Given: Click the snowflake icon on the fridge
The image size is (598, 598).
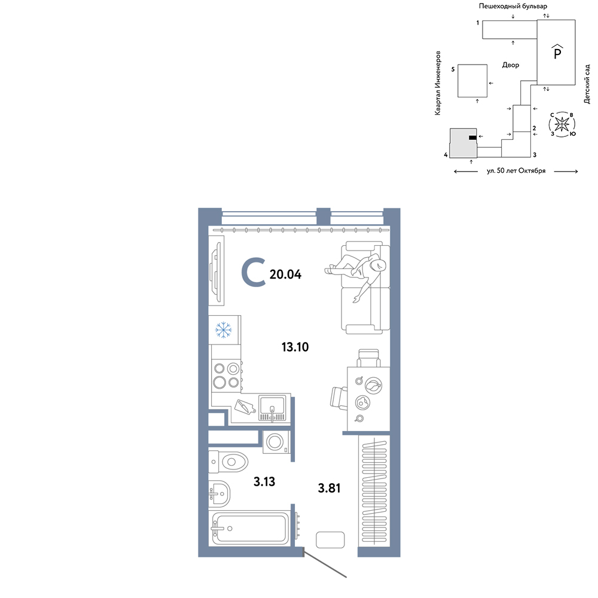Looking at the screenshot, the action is pyautogui.click(x=224, y=330).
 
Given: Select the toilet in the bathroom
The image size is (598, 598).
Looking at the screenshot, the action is pyautogui.click(x=228, y=462).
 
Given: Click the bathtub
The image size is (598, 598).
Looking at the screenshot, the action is pyautogui.click(x=250, y=528).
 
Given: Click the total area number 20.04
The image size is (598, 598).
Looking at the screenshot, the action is pyautogui.click(x=285, y=274).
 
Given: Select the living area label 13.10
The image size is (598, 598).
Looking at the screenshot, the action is pyautogui.click(x=295, y=347).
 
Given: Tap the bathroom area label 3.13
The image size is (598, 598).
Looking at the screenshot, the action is pyautogui.click(x=264, y=481).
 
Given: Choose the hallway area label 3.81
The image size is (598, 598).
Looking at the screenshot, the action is pyautogui.click(x=329, y=488).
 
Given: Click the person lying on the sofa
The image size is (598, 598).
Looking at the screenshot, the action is pyautogui.click(x=356, y=273).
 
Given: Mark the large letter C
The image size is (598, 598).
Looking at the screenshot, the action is pyautogui.click(x=254, y=272).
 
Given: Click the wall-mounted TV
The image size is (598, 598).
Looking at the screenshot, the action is pyautogui.click(x=216, y=270).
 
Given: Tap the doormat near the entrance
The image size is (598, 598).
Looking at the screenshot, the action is pyautogui.click(x=330, y=539).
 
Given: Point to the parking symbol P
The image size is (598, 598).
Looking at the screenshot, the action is pyautogui.click(x=557, y=52).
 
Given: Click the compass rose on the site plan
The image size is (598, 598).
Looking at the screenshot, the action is pyautogui.click(x=562, y=124).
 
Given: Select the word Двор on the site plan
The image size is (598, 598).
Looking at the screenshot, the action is pyautogui.click(x=511, y=65).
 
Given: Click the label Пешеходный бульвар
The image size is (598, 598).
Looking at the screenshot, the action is pyautogui.click(x=513, y=6).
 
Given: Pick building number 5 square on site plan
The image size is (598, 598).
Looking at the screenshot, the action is pyautogui.click(x=472, y=81).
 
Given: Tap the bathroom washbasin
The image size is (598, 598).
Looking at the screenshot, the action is pyautogui.click(x=219, y=493).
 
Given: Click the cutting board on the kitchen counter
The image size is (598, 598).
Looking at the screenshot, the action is pyautogui.click(x=245, y=406).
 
